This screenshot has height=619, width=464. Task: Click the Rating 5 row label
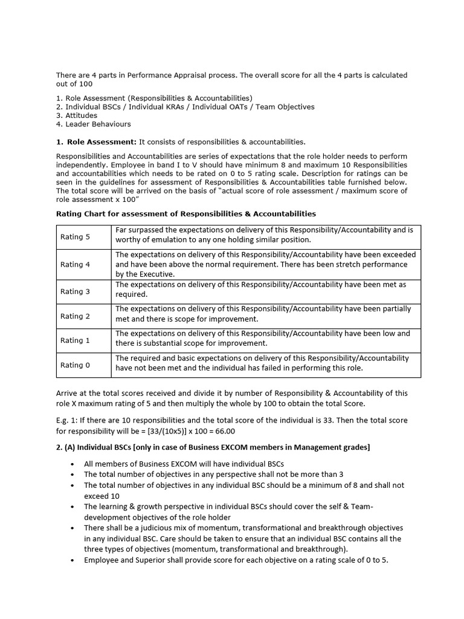point(75,237)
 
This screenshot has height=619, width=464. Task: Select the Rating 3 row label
point(75,291)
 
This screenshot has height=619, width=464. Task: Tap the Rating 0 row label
point(75,365)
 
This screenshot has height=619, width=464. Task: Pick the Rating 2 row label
point(75,316)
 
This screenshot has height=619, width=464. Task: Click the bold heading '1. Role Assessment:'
point(96,142)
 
